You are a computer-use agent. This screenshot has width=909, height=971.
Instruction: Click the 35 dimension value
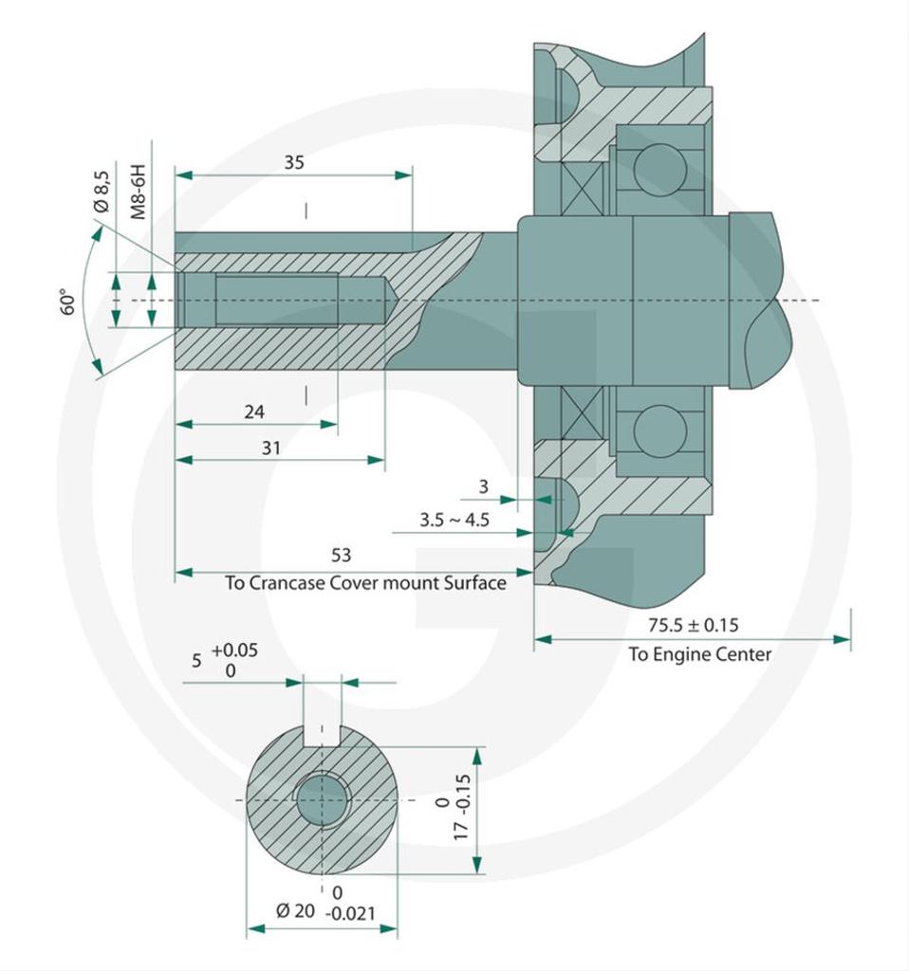(x=294, y=162)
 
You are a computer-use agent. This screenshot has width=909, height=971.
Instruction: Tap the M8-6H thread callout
(x=139, y=192)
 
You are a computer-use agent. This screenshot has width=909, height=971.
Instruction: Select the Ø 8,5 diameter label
(x=102, y=192)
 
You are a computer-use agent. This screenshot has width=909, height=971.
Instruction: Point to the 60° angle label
(x=67, y=302)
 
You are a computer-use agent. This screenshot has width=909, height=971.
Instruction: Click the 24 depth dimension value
(x=254, y=412)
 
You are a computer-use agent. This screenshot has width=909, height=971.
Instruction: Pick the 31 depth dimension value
(x=270, y=448)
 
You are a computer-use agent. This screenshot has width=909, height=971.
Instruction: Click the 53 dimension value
(x=341, y=555)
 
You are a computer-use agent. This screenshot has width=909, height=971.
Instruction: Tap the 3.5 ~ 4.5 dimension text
(x=454, y=520)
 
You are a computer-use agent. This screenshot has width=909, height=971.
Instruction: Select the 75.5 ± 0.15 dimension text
(x=694, y=625)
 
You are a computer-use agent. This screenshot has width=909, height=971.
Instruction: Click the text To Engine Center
(x=700, y=654)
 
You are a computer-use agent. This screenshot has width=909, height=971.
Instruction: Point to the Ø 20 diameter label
(x=295, y=911)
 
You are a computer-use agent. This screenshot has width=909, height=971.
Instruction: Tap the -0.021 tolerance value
(x=351, y=914)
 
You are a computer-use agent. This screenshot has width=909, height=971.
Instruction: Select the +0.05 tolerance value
(x=234, y=650)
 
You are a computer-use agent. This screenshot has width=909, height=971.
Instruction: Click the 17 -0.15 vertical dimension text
(x=462, y=807)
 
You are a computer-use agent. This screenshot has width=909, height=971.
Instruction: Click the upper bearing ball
(x=660, y=171)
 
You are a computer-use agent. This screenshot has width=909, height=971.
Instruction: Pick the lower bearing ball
(x=660, y=431)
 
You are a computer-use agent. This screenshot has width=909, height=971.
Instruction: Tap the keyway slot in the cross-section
(x=323, y=734)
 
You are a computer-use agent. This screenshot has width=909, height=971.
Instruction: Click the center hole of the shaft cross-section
(x=322, y=800)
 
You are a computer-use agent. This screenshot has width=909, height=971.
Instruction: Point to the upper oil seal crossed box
(x=582, y=189)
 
